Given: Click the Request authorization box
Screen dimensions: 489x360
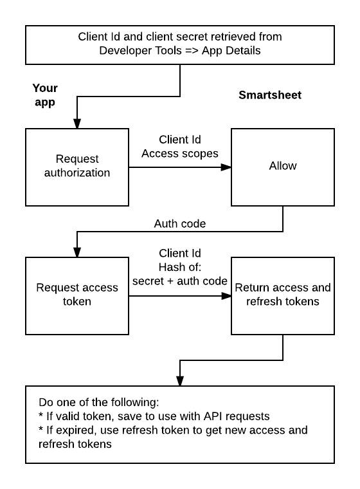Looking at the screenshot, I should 76,166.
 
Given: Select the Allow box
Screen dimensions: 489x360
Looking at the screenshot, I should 283,166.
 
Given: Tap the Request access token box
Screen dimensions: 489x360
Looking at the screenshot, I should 76,295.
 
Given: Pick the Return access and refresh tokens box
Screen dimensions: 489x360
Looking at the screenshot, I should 283,295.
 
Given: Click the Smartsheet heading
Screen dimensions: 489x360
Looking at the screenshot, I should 269,95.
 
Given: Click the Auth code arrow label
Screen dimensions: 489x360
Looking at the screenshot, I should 179,224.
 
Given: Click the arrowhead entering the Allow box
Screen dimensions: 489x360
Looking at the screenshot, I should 226,167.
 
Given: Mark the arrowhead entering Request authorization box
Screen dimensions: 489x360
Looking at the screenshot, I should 76,124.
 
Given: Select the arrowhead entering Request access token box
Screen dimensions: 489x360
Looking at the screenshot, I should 76,252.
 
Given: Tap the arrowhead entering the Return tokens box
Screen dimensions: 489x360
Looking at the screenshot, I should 226,296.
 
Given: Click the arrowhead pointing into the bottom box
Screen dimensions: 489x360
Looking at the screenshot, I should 179,381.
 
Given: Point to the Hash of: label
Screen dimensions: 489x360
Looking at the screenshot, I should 179,266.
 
